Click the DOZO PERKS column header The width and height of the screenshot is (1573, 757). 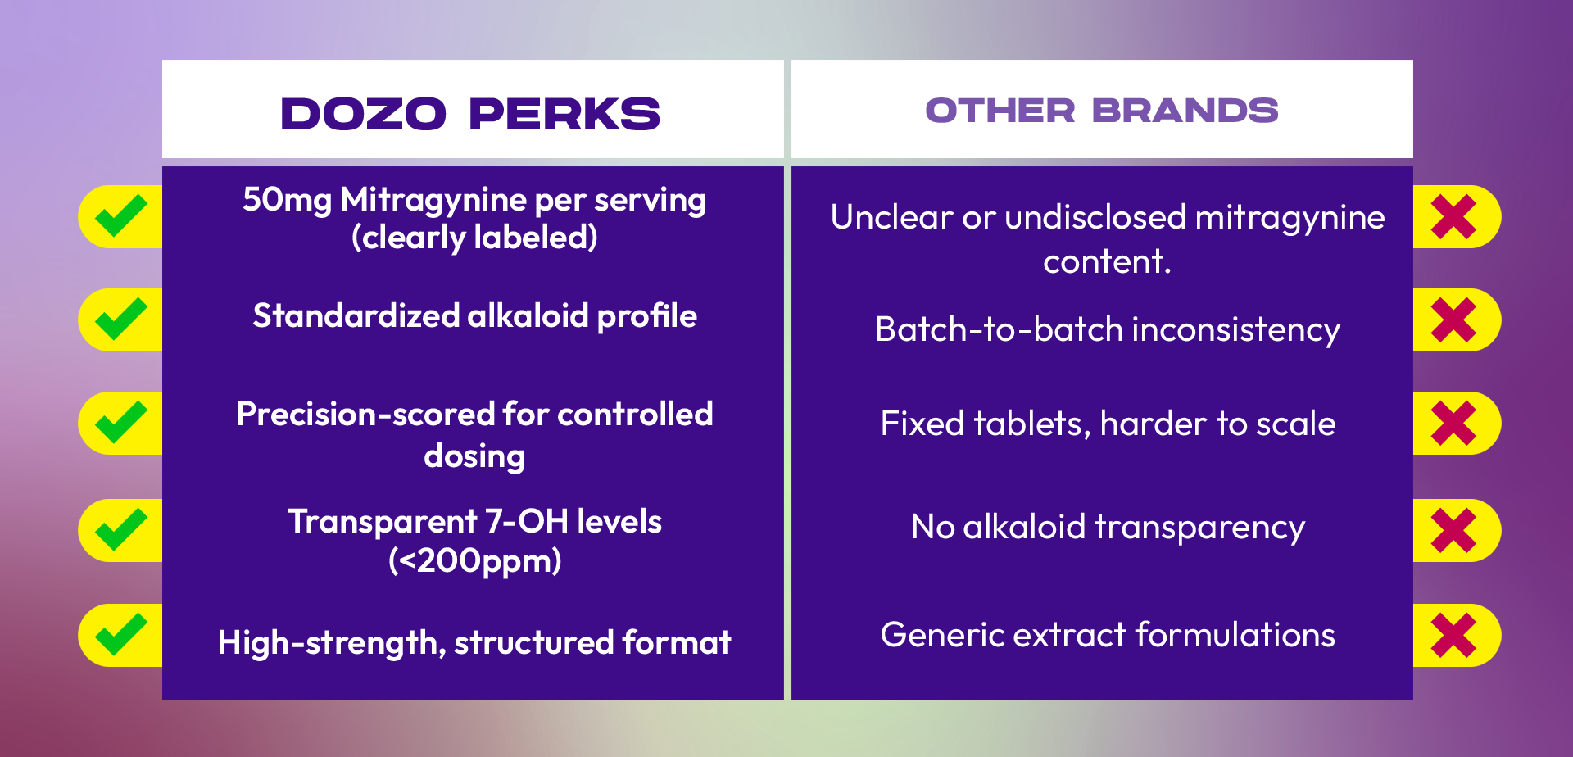470,113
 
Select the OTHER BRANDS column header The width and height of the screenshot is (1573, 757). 1102,111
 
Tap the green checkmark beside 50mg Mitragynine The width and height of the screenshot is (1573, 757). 121,216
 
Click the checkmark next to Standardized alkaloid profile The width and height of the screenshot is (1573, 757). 121,320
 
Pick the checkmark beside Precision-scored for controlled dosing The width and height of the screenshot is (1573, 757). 121,423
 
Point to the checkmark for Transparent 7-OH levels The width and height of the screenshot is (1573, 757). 121,530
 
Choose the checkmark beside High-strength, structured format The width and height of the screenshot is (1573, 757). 121,635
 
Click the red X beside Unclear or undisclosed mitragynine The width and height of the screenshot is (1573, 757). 1453,217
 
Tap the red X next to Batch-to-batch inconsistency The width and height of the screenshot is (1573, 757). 1453,320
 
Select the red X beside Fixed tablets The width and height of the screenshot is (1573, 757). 1453,424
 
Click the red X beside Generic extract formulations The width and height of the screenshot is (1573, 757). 1453,636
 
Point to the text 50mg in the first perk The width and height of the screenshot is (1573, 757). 287,201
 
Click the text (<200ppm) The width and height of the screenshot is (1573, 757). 475,561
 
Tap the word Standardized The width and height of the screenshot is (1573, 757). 356,316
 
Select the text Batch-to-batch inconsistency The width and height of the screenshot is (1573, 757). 1108,330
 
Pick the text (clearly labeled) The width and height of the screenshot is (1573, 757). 474,238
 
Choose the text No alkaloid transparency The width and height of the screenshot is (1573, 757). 1108,528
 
